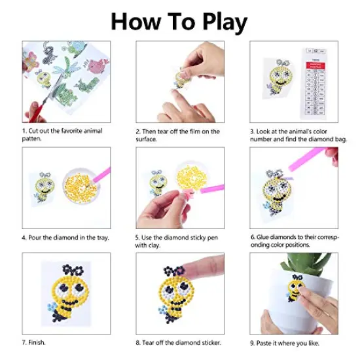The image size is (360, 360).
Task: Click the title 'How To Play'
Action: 179,22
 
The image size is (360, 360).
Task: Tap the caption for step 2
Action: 178,135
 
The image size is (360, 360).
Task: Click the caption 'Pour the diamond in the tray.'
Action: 65,237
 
